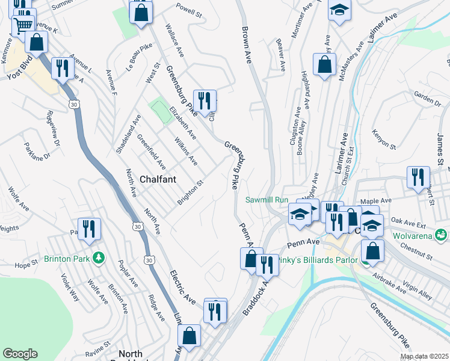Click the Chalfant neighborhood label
(141, 179)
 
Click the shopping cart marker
(23, 25)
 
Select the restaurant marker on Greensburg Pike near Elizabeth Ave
(205, 100)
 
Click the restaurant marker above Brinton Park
(89, 229)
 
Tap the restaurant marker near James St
(418, 177)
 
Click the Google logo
(20, 354)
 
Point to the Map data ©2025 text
(424, 356)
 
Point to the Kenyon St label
(384, 138)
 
